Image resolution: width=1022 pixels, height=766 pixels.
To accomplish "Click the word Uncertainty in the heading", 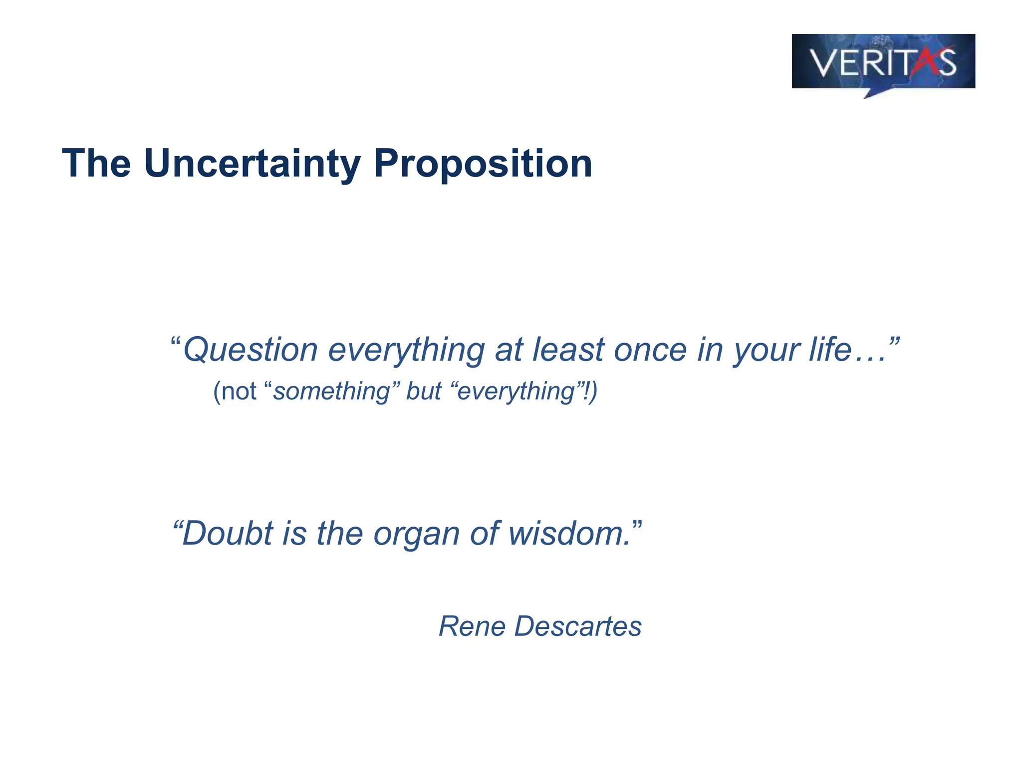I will (x=252, y=164).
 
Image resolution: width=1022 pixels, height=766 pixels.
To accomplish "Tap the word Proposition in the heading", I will (x=483, y=164).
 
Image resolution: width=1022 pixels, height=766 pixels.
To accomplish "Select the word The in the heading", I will (x=96, y=164).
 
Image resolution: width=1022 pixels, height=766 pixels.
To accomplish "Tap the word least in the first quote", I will (x=568, y=350).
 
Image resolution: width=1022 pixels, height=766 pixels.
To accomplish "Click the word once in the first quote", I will (x=650, y=350).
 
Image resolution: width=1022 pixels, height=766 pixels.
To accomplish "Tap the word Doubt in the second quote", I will (x=228, y=533).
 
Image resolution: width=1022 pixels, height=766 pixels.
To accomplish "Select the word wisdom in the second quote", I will (x=566, y=533).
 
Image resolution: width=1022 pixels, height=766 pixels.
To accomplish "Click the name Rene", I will (x=472, y=626).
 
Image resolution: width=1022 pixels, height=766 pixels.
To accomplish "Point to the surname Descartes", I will (x=578, y=626).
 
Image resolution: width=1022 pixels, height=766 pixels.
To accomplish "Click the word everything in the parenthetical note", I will (x=516, y=392).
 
